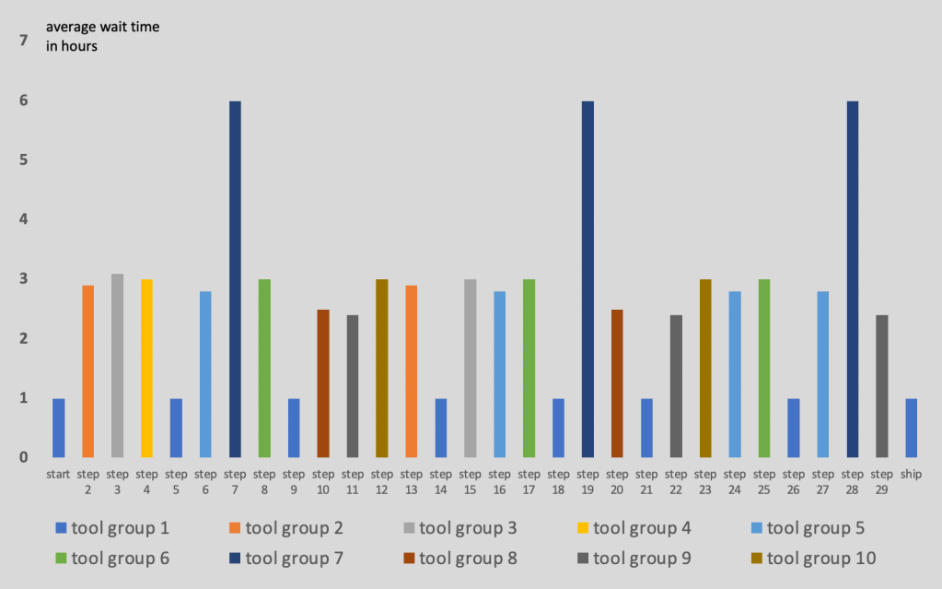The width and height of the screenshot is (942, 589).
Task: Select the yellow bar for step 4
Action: click(x=146, y=368)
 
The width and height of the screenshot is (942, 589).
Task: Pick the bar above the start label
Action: click(x=59, y=428)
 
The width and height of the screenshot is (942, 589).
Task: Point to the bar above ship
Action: click(x=911, y=428)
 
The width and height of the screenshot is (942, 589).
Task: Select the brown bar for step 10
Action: click(x=323, y=383)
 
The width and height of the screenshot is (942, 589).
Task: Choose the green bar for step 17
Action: click(x=529, y=368)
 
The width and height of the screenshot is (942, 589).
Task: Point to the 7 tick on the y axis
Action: click(x=24, y=41)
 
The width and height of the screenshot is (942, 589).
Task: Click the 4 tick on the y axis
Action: click(x=24, y=219)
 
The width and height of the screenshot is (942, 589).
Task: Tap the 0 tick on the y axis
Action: click(x=24, y=457)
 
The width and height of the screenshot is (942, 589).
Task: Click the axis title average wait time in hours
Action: click(x=102, y=37)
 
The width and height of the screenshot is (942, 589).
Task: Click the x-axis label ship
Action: click(x=911, y=474)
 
